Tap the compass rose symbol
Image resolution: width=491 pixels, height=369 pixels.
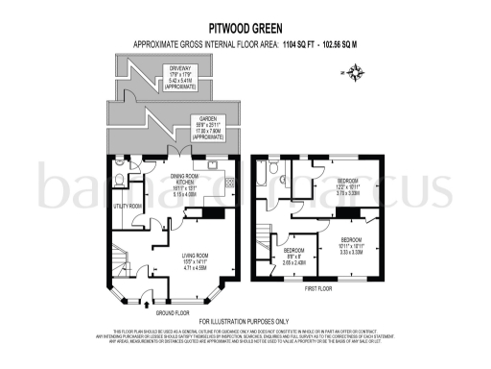click(358, 72)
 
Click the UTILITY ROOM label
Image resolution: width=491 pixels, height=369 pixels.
click(128, 206)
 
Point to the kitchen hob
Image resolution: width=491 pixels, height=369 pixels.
click(229, 188)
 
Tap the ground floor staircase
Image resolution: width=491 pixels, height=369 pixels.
click(120, 259)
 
